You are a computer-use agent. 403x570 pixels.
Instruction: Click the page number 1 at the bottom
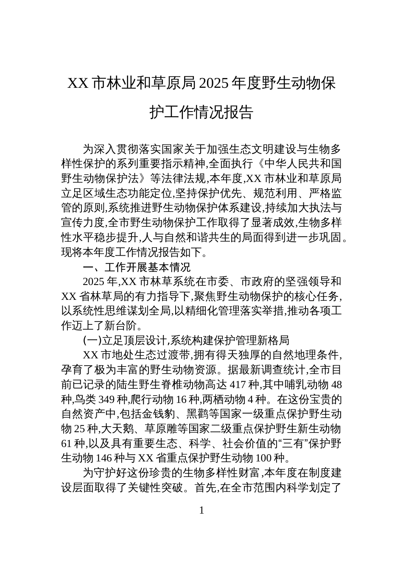click(x=201, y=510)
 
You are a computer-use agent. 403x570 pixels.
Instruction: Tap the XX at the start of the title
click(x=78, y=84)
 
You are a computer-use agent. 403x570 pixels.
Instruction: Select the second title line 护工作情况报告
click(x=201, y=112)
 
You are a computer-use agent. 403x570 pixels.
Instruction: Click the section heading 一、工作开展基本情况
click(x=137, y=267)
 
